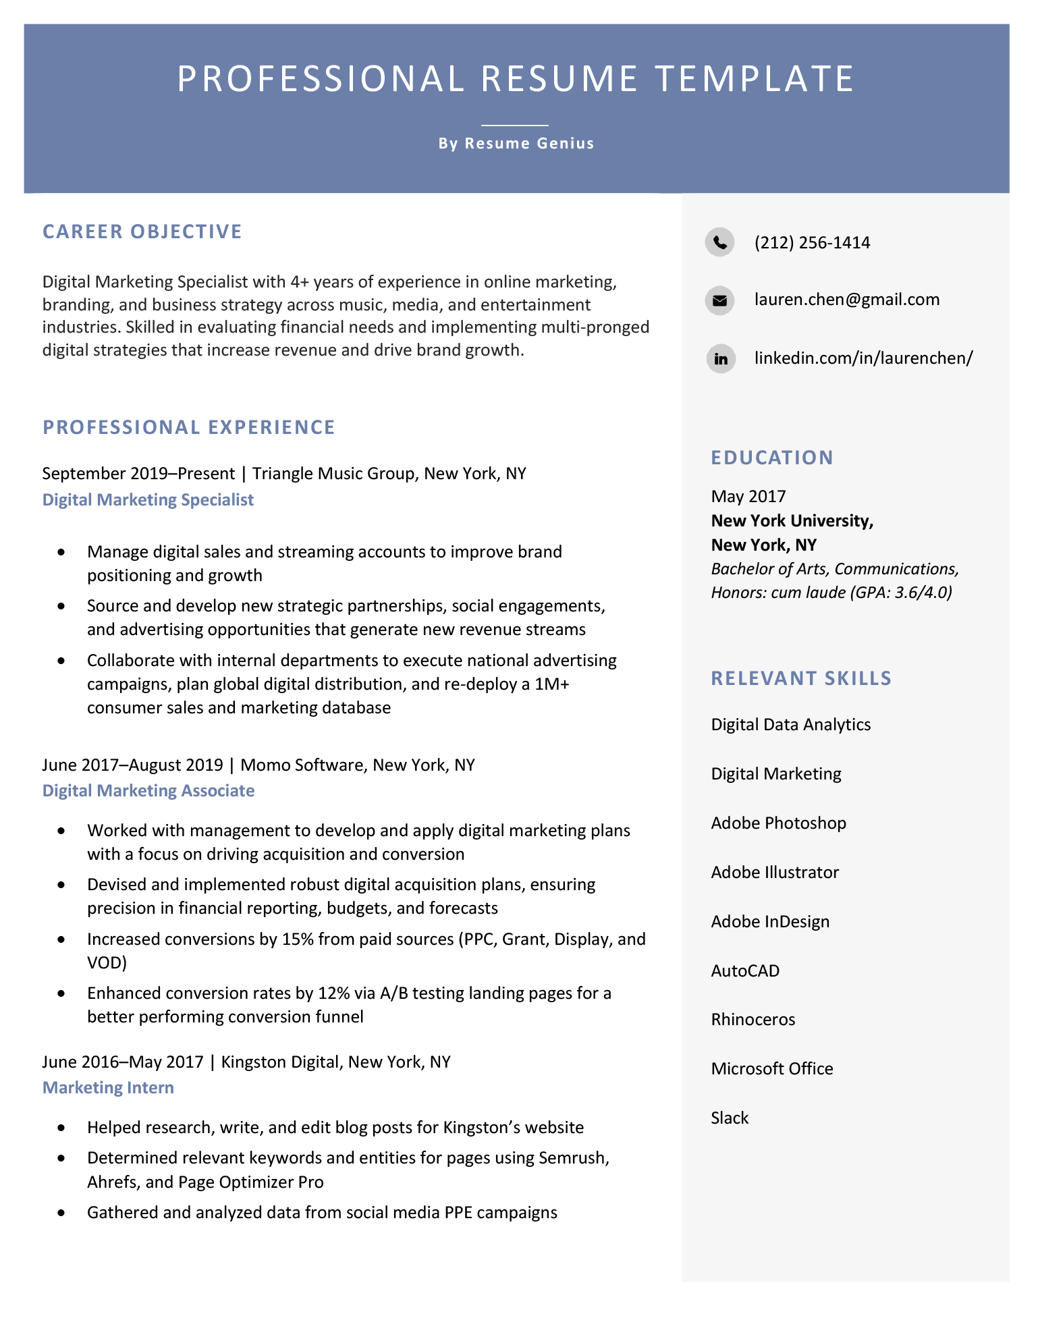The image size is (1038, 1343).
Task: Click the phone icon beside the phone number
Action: point(719,242)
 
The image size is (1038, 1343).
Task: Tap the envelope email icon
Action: point(719,300)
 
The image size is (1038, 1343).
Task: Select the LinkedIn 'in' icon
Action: point(720,358)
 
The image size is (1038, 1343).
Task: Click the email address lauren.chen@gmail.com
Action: point(846,300)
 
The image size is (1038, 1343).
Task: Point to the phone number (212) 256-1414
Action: point(812,243)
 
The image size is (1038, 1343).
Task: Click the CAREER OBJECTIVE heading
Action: point(142,231)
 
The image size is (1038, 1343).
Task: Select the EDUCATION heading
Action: point(771,458)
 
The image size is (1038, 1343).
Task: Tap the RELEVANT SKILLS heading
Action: point(800,678)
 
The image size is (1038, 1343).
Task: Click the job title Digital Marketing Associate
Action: point(148,790)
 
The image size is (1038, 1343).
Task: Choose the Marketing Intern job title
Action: point(108,1087)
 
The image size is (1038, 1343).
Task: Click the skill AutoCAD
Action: point(745,970)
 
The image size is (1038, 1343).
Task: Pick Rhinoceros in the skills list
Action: point(753,1019)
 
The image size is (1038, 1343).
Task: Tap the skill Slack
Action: point(730,1118)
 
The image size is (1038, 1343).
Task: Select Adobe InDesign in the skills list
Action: point(770,921)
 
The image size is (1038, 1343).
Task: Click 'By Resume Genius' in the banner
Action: point(516,143)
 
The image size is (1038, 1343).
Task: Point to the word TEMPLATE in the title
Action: point(755,78)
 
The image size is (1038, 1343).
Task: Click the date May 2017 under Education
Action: point(748,497)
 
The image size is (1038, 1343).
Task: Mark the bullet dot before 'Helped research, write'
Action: point(62,1128)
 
